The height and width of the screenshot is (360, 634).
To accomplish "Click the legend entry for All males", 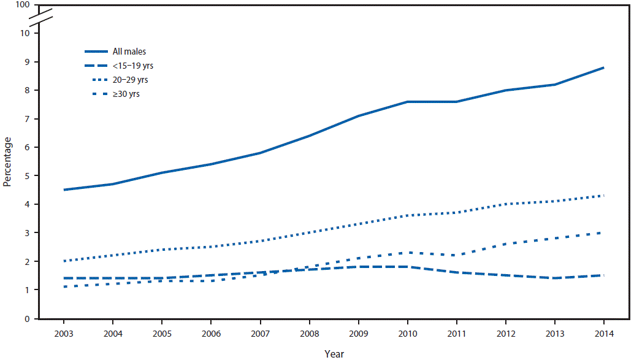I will (129, 52).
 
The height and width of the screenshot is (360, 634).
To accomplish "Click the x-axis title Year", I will (334, 353).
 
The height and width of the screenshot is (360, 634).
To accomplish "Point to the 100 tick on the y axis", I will (23, 5).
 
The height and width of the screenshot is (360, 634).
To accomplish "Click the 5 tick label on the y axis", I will (28, 176).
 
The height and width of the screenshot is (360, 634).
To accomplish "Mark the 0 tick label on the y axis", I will (28, 319).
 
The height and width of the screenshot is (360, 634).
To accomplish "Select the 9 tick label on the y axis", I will (28, 62).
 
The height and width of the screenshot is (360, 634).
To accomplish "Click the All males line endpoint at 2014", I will (604, 67).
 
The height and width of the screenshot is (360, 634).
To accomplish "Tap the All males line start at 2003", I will (64, 190).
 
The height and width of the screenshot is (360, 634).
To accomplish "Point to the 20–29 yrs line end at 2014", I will (604, 196).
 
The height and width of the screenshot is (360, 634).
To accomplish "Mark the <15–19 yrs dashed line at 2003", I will (64, 278).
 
